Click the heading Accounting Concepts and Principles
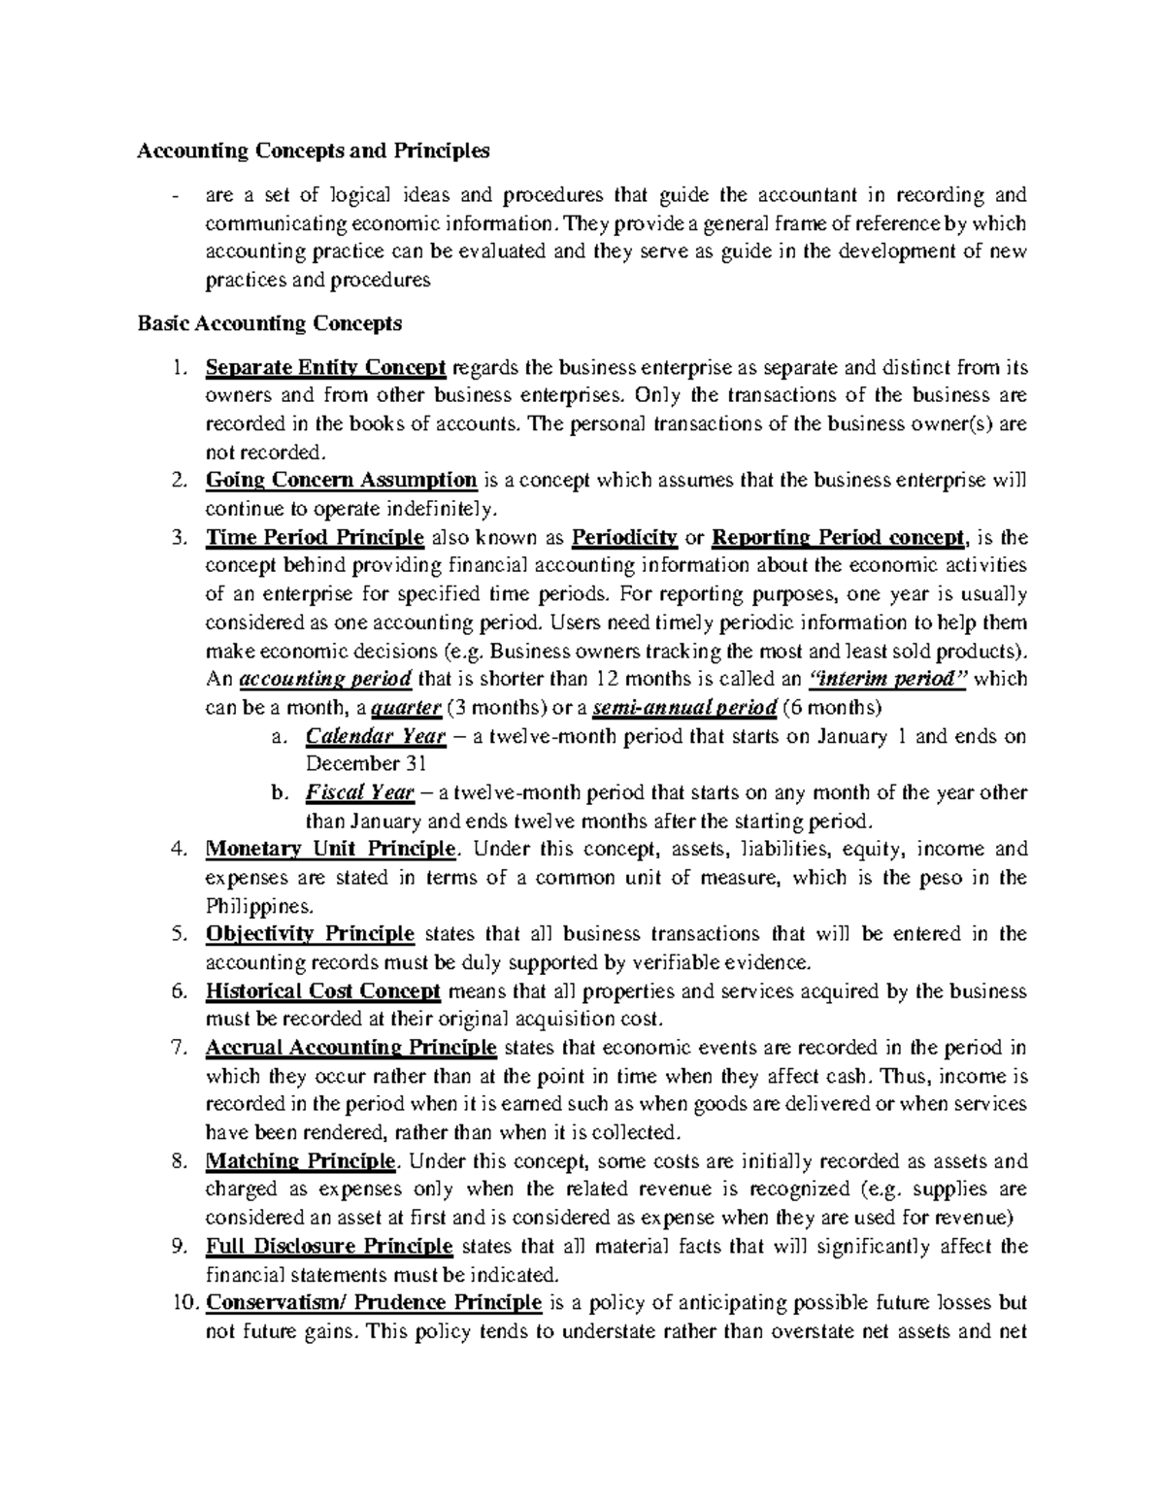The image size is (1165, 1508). tap(314, 151)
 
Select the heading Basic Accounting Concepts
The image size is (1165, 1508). tap(269, 322)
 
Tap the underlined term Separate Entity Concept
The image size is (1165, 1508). tap(325, 368)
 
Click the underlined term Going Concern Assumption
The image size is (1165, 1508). tap(341, 480)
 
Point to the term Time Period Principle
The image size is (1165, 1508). tap(315, 537)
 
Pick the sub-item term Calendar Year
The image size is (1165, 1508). tap(376, 736)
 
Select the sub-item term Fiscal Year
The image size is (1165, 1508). tap(360, 792)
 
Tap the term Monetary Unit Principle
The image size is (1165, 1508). tap(330, 849)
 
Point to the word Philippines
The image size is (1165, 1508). tap(259, 906)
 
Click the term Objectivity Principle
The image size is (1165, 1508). tap(310, 934)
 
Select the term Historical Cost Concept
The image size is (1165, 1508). tap(323, 991)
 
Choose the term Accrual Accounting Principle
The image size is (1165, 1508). tap(351, 1048)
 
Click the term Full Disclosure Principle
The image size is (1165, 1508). tap(329, 1246)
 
